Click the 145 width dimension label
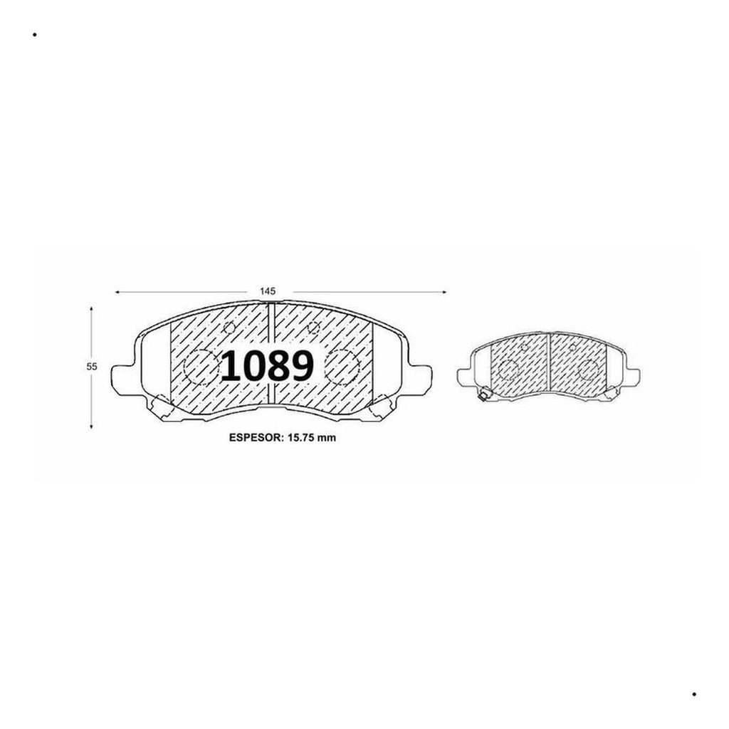point(268,291)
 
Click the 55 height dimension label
point(92,367)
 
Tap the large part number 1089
point(268,367)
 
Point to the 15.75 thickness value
point(302,438)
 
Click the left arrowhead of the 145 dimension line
point(117,292)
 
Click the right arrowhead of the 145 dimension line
point(444,292)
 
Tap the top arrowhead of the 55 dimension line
point(91,309)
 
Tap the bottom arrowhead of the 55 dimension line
point(91,426)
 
